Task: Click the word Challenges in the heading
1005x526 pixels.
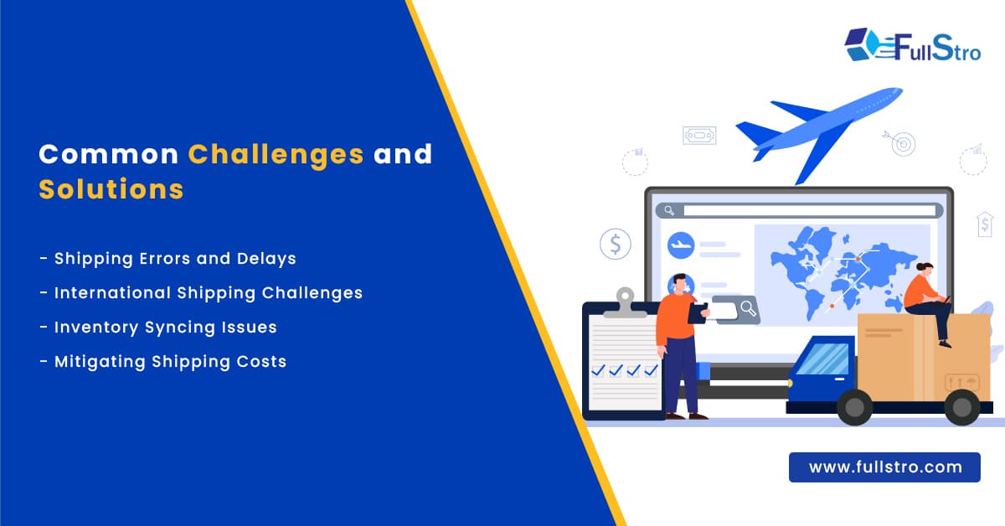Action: (276, 154)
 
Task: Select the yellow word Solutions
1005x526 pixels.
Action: (111, 188)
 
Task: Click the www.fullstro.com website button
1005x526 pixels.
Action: (884, 467)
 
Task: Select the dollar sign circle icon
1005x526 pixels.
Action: (616, 245)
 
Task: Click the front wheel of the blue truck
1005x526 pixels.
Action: (854, 407)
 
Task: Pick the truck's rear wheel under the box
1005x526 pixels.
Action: (962, 407)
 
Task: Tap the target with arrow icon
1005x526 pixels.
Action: (902, 143)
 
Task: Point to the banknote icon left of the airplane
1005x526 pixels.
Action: (698, 136)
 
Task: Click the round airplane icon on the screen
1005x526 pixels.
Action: (681, 246)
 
